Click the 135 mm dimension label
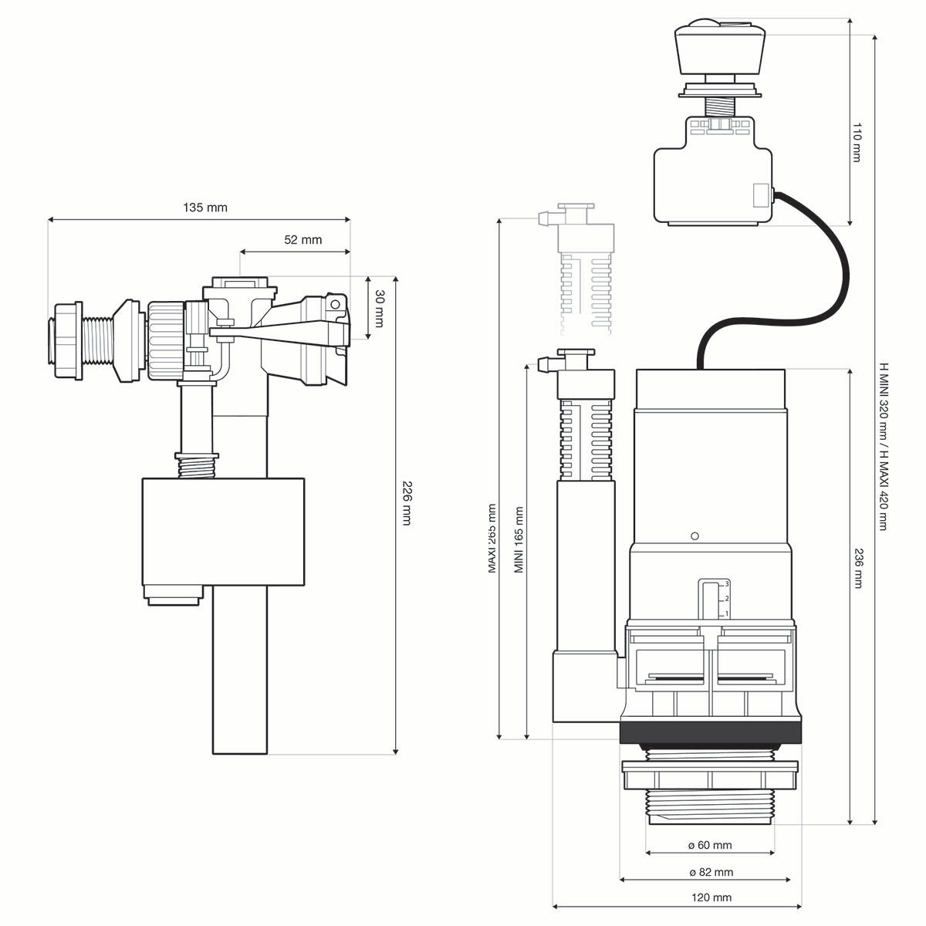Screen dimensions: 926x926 [x=205, y=208]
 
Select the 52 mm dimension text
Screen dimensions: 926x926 [x=303, y=240]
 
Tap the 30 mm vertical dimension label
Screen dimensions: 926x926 [x=379, y=309]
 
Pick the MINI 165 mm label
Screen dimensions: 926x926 [x=519, y=540]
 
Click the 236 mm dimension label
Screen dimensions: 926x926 [x=857, y=568]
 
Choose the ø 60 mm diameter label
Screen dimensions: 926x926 [x=710, y=845]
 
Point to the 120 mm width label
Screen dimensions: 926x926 [x=711, y=897]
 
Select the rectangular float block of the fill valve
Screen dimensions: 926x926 [x=223, y=532]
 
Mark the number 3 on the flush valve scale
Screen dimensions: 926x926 [x=727, y=584]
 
